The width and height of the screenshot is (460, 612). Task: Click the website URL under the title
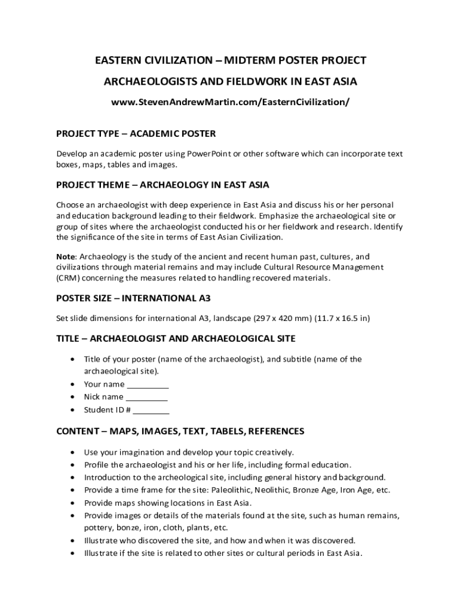point(230,102)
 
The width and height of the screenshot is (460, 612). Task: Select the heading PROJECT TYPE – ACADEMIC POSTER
point(136,133)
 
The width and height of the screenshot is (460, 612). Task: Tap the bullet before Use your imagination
point(72,452)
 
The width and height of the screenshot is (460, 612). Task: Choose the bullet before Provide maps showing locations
point(72,503)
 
